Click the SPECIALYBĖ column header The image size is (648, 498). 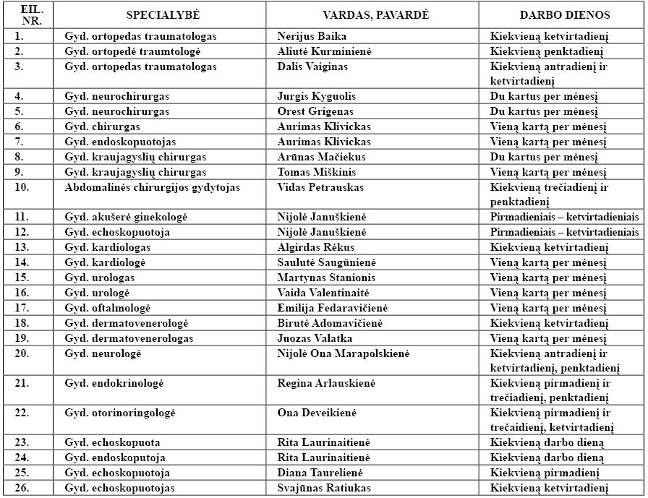click(163, 14)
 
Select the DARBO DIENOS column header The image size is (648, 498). click(554, 14)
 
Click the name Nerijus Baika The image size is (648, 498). click(312, 36)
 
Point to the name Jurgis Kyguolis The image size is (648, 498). click(316, 96)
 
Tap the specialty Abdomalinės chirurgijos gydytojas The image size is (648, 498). click(152, 187)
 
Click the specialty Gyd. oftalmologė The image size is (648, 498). click(106, 308)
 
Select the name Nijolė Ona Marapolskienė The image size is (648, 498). click(343, 353)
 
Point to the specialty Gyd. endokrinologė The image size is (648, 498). click(111, 383)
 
